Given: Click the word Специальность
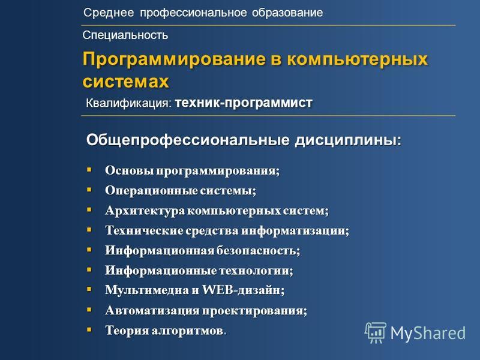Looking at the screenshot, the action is (125, 35).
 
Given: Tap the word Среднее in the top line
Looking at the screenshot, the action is (109, 13).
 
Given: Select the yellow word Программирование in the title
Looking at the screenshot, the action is (174, 59).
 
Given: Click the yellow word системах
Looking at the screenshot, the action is (126, 82).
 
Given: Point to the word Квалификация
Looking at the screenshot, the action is (128, 103).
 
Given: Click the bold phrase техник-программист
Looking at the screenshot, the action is (244, 103).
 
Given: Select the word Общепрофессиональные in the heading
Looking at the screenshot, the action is (188, 140).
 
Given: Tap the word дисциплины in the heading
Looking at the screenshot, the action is (348, 140).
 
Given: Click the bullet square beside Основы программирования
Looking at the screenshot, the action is (89, 170).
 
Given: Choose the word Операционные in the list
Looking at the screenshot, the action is (151, 191).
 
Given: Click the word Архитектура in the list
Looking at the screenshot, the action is (145, 211).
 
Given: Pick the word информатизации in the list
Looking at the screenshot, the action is (295, 230).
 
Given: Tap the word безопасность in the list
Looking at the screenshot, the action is (258, 250).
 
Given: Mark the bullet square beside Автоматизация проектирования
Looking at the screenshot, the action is (89, 310).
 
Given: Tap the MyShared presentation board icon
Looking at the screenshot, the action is (376, 332).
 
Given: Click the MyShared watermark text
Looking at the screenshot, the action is (428, 333).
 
